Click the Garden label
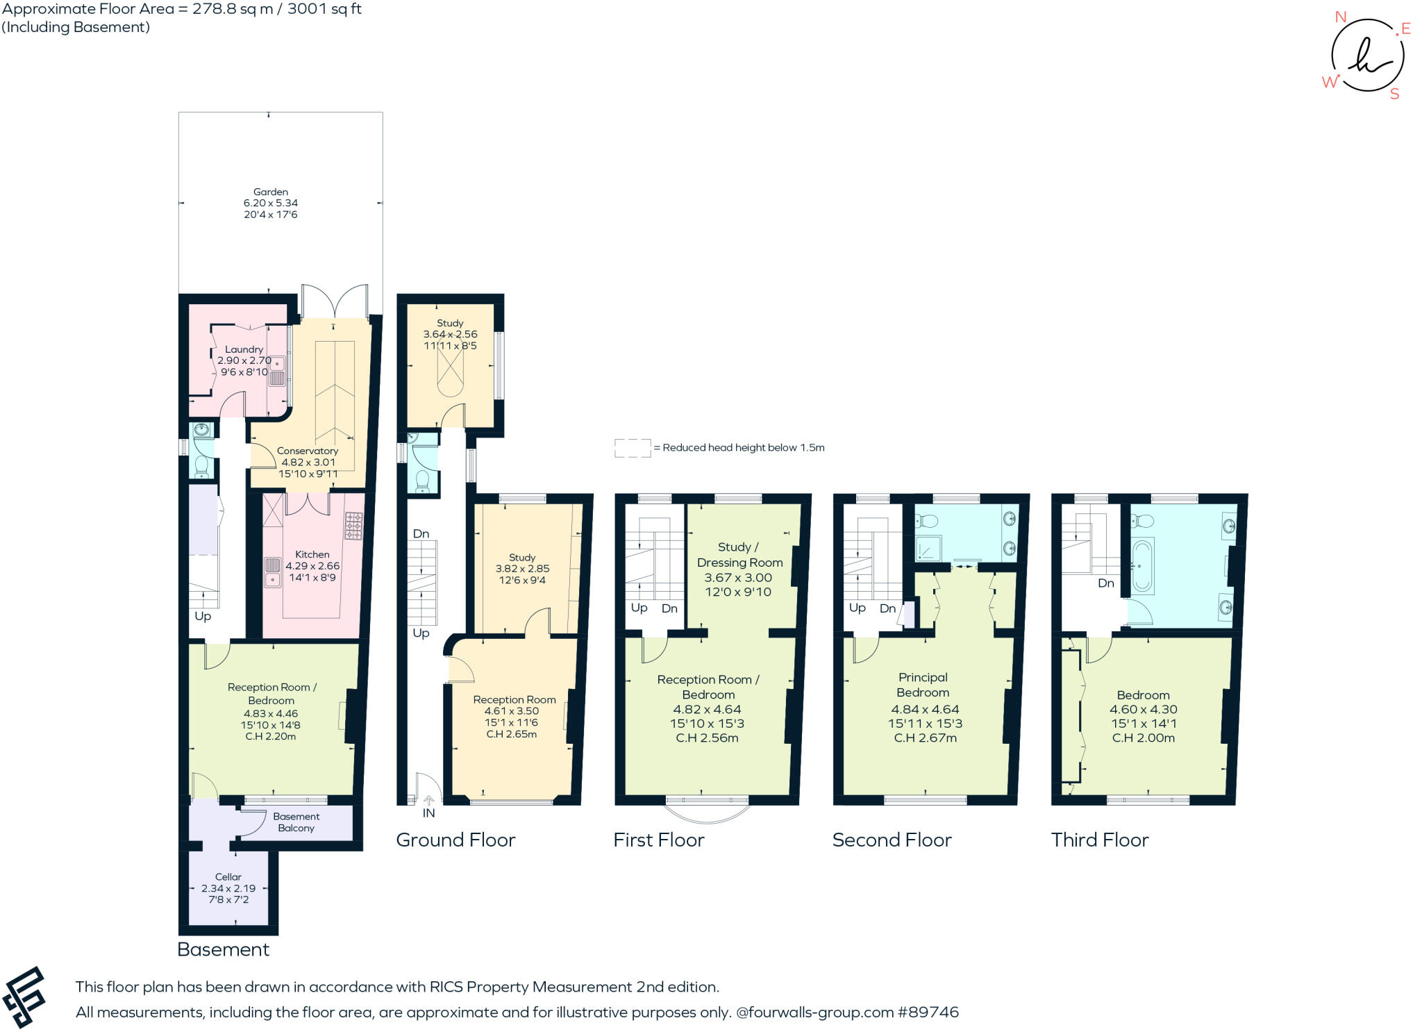[270, 192]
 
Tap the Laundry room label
[244, 349]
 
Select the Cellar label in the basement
[228, 876]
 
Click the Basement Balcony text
[296, 822]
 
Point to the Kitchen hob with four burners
[353, 526]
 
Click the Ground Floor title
[455, 840]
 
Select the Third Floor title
[1100, 840]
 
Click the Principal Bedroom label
[922, 685]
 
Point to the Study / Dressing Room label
[739, 555]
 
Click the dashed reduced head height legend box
[633, 448]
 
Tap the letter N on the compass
[1341, 17]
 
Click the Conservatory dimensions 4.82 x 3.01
[308, 463]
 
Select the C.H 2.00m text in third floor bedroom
[1143, 738]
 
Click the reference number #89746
[928, 1012]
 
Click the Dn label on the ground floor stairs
[421, 534]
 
